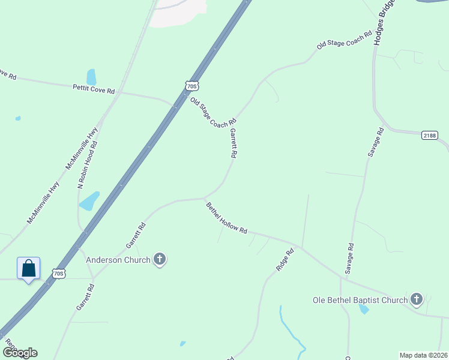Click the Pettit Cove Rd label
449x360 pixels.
pos(94,89)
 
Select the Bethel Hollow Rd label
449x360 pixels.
pos(227,218)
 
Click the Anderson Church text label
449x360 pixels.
pos(118,260)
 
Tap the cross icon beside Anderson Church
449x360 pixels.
pos(159,259)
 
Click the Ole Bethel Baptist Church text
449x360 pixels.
pos(360,300)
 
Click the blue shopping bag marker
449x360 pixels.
pos(29,268)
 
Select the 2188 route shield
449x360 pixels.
pos(429,136)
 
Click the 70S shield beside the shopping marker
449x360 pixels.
pos(58,274)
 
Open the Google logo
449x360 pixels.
pos(19,353)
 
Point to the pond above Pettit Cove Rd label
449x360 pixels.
pos(91,77)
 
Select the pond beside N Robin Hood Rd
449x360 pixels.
pos(89,201)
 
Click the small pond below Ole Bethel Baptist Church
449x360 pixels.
pos(364,310)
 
